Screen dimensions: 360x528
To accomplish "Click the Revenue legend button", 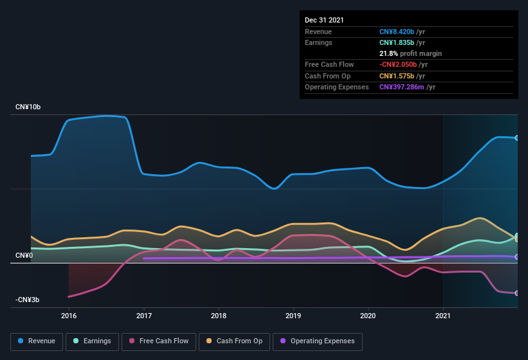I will (x=37, y=341).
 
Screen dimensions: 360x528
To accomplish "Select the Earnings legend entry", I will (x=92, y=341).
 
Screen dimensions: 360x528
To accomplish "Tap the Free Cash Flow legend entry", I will (x=159, y=341).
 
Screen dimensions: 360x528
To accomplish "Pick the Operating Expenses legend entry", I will (x=318, y=341).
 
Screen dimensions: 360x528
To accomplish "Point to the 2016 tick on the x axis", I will (x=69, y=316).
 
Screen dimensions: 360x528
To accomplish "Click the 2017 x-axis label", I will (x=144, y=316).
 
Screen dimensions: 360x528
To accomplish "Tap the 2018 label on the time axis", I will (x=219, y=316).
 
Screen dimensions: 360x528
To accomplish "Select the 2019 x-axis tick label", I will (x=293, y=316).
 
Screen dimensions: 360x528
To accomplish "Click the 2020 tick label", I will (x=368, y=316).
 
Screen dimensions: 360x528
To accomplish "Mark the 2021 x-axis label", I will (x=442, y=316).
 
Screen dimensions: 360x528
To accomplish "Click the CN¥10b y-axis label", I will (x=28, y=107).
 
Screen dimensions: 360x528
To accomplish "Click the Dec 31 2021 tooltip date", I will (x=324, y=20).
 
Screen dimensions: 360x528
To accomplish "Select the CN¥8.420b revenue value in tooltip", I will (x=397, y=32).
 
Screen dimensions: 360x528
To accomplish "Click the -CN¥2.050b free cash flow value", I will (x=398, y=64).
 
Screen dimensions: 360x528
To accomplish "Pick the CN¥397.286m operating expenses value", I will (x=401, y=87).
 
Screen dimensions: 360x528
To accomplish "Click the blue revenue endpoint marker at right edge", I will (x=516, y=138).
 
